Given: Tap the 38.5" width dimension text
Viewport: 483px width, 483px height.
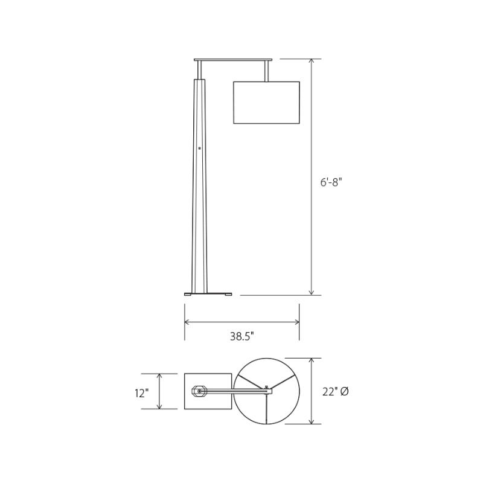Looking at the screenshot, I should point(241,337).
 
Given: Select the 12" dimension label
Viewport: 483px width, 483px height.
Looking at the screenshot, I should point(141,393).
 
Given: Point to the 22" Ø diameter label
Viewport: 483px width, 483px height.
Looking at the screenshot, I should point(336,392).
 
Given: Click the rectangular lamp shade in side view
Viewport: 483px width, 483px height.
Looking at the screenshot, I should point(266,103).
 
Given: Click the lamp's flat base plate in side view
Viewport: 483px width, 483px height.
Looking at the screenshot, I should point(208,293).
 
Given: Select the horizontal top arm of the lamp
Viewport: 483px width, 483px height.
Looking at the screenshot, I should point(233,60).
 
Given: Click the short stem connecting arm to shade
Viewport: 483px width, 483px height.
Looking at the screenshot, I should point(266,71).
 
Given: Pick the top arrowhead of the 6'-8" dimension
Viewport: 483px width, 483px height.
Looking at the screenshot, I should point(312,62).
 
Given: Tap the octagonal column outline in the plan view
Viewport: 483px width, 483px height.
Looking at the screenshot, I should point(199,391).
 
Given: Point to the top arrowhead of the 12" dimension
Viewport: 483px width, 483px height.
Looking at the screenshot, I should point(159,376).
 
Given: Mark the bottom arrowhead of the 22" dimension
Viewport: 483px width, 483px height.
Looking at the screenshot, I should point(312,421).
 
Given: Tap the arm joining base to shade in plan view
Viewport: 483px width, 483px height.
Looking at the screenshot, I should point(241,391).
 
